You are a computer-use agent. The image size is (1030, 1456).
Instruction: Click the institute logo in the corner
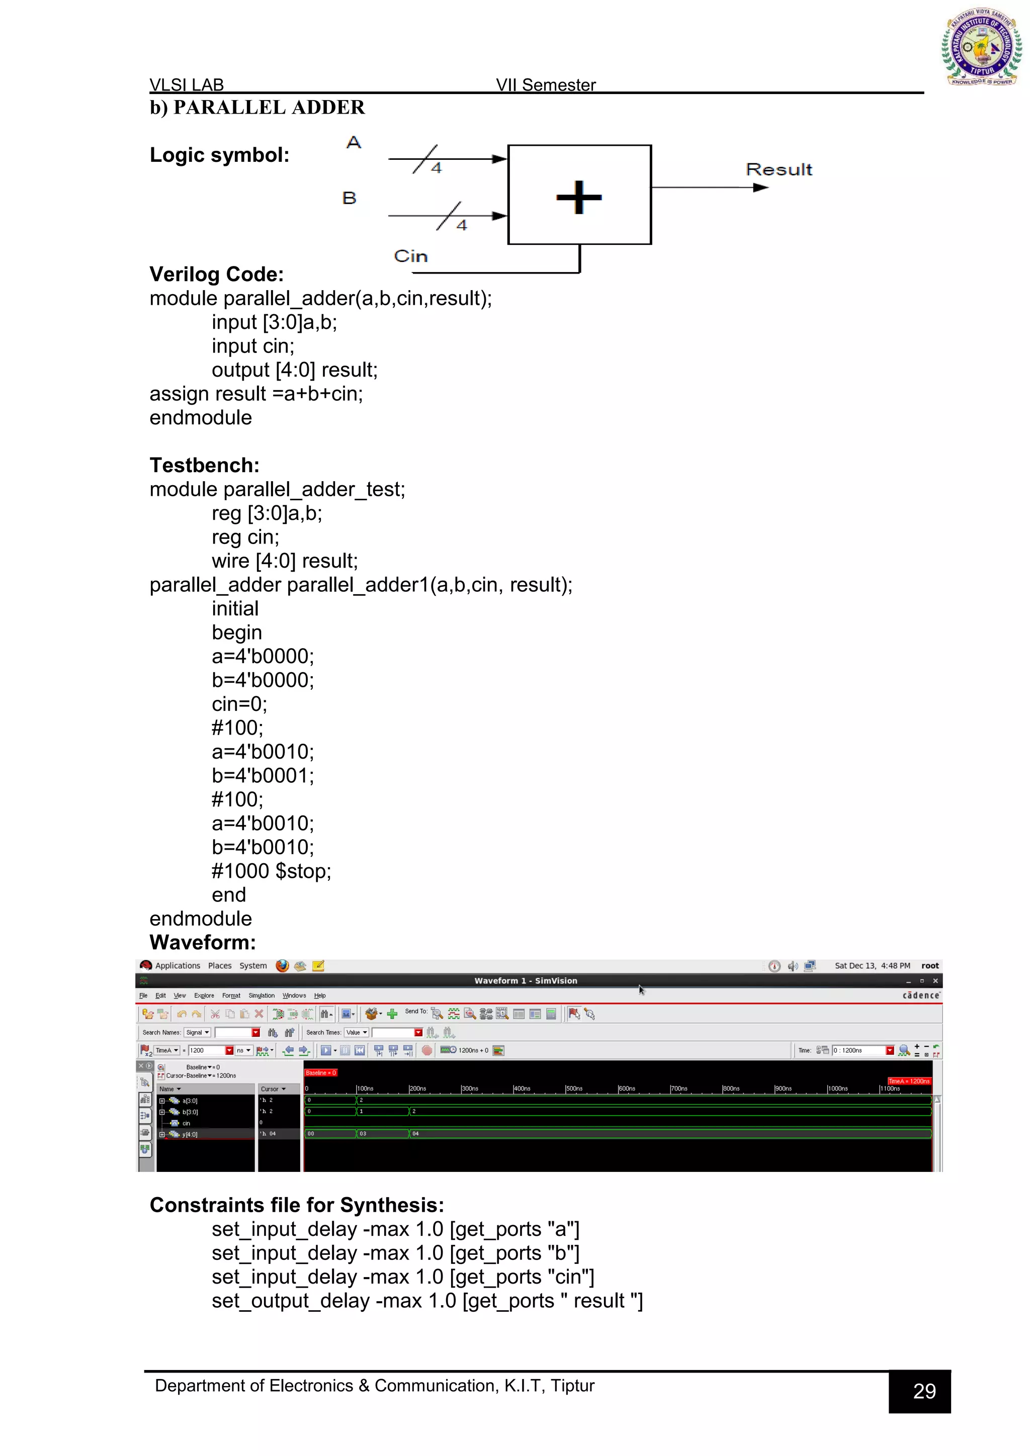[981, 47]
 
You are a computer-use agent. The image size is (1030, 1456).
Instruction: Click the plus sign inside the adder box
[578, 197]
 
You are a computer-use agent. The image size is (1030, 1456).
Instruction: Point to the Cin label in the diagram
[410, 256]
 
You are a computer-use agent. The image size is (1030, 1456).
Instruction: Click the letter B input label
[350, 198]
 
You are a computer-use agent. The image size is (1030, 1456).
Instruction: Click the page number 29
[924, 1391]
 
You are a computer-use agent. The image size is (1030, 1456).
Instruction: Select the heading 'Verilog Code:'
[216, 274]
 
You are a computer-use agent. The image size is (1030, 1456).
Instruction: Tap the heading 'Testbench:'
[204, 465]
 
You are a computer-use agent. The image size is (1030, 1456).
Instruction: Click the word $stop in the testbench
[303, 871]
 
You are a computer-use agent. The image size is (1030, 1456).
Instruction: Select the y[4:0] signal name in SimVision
[190, 1135]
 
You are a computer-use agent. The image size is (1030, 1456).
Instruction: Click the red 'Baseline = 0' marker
[320, 1073]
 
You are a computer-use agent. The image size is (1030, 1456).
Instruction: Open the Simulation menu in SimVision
[262, 995]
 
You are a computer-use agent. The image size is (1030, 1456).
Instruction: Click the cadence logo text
[921, 995]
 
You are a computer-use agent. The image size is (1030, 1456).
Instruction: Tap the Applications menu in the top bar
[177, 966]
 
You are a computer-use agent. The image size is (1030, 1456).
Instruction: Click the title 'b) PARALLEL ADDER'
[257, 107]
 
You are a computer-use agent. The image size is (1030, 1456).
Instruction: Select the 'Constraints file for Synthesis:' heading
[297, 1205]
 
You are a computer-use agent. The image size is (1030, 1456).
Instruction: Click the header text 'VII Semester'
[546, 85]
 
